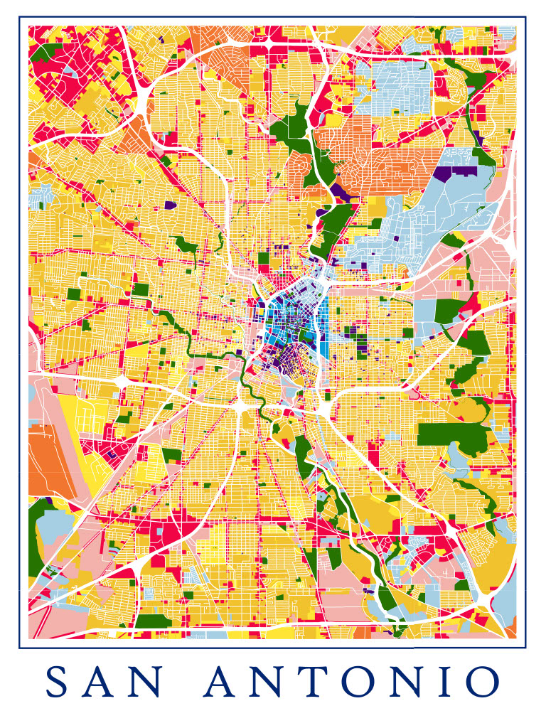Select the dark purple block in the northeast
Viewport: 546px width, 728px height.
pos(444,173)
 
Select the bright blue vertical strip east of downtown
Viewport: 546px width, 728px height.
pos(324,327)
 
